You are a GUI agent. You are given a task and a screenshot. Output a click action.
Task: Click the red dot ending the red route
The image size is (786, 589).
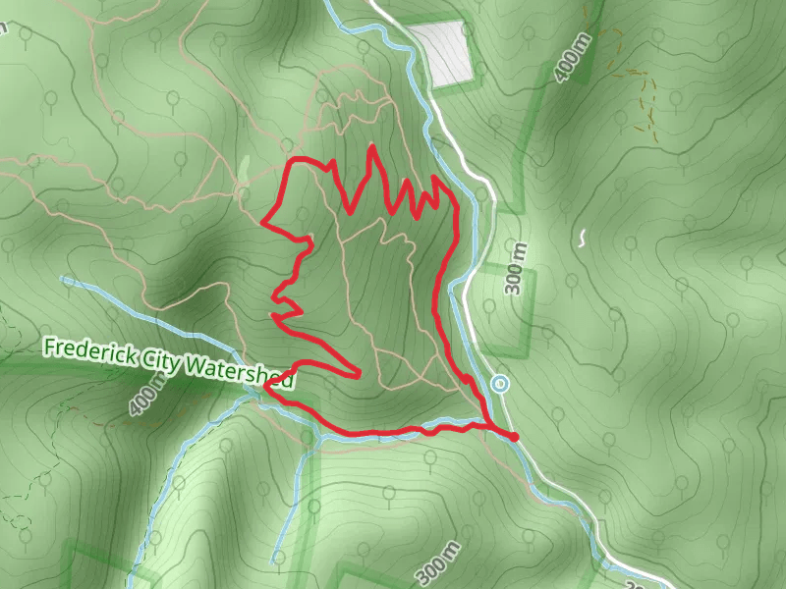[x=513, y=436]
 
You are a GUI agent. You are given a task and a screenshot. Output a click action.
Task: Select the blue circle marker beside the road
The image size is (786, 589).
[x=500, y=384]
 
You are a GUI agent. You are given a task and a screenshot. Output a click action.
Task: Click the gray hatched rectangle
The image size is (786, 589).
[x=442, y=54]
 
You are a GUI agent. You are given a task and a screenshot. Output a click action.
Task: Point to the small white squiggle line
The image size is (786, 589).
[x=583, y=238]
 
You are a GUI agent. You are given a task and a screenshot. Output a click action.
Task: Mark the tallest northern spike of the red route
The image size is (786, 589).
[x=371, y=146]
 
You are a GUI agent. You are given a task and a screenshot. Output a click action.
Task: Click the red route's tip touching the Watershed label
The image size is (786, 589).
[x=265, y=387]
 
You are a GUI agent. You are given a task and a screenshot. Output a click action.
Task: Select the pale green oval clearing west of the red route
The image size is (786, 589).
[x=244, y=169]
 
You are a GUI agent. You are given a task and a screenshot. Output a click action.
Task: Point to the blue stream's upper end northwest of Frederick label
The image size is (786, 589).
[x=65, y=280]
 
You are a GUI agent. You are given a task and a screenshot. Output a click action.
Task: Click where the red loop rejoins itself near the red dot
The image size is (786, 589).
[x=488, y=424]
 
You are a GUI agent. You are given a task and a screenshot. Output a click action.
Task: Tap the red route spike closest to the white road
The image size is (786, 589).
[x=435, y=180]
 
